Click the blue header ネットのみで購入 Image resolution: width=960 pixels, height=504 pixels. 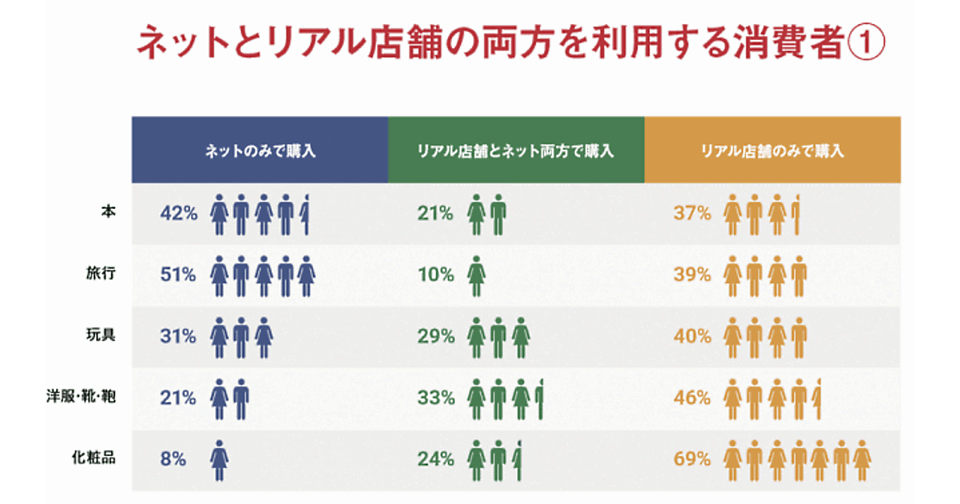click(260, 150)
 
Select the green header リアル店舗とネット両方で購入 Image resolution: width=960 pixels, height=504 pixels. click(516, 150)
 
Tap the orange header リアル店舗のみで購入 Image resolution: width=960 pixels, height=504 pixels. click(772, 150)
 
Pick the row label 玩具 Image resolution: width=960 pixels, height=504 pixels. click(102, 335)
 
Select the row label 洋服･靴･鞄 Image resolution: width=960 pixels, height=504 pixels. click(81, 397)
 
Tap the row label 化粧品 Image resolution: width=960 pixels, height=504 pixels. click(94, 458)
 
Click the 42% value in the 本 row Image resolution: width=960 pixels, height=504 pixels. click(178, 213)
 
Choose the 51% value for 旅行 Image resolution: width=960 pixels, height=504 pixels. click(178, 274)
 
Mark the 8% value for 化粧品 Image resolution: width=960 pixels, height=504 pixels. click(173, 459)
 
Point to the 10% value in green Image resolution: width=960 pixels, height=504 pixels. click(435, 274)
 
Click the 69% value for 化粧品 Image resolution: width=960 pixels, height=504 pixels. click(692, 459)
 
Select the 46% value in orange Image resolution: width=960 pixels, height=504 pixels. click(692, 398)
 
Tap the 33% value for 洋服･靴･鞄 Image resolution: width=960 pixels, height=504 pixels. click(435, 398)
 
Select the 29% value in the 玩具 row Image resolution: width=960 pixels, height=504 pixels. click(435, 336)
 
